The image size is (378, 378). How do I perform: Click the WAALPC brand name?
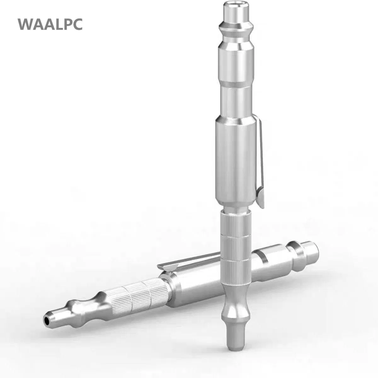pyautogui.click(x=50, y=24)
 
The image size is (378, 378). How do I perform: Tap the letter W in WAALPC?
pyautogui.click(x=25, y=24)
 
